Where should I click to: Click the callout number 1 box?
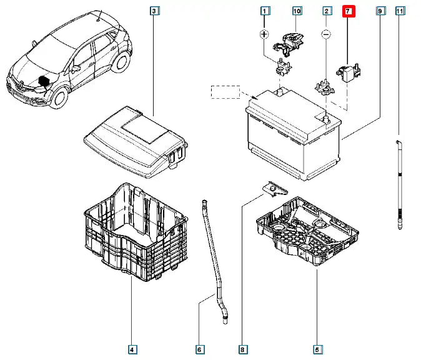(x=265, y=11)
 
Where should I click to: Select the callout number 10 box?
(x=296, y=11)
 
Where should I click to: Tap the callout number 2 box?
(x=326, y=11)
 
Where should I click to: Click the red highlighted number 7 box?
(x=349, y=11)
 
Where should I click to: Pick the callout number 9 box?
(x=380, y=11)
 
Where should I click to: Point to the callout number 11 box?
(x=400, y=11)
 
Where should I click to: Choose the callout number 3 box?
(x=155, y=11)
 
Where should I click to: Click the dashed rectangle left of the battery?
(x=225, y=92)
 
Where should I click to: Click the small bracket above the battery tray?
(x=274, y=187)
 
